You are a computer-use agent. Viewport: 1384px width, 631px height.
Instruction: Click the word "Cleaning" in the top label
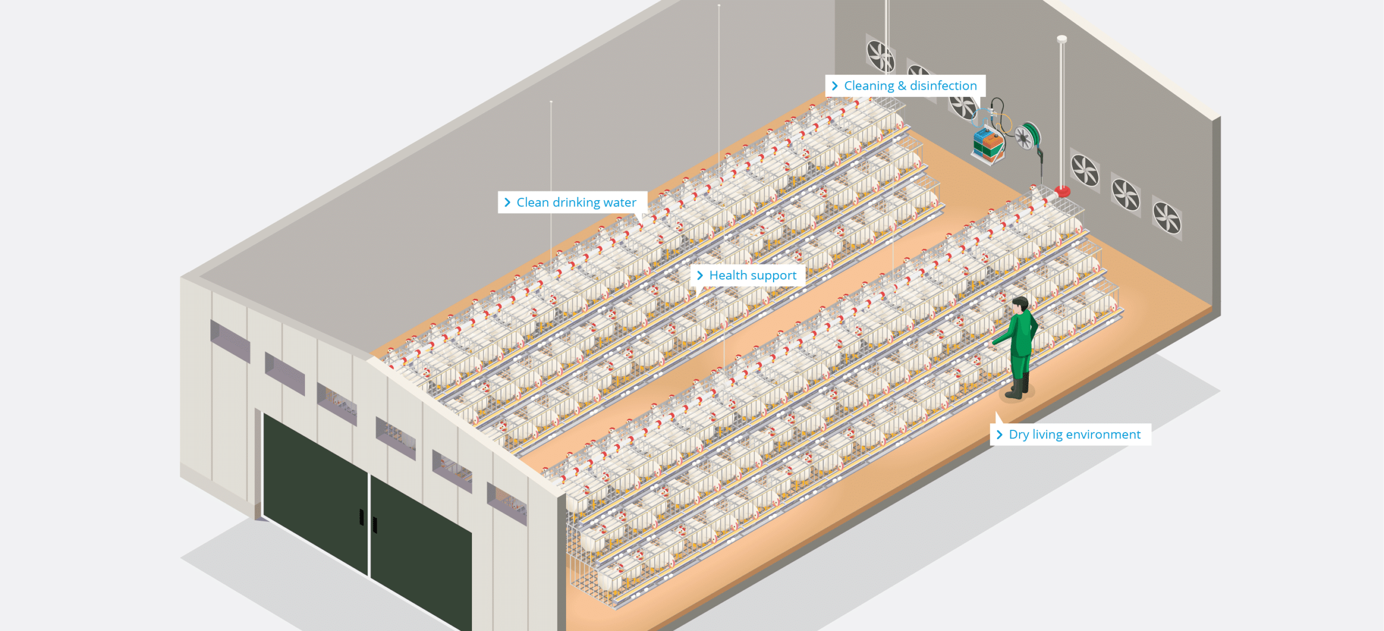tap(869, 86)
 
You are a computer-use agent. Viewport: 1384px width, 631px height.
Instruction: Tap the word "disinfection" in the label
tap(943, 86)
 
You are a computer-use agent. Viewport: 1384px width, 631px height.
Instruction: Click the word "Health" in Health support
tap(728, 276)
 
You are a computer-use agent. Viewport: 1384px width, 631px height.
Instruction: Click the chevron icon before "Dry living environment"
tap(999, 435)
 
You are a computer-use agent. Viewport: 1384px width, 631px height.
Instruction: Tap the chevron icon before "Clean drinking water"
tap(507, 203)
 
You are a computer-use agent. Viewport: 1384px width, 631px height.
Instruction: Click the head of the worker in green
tap(1020, 304)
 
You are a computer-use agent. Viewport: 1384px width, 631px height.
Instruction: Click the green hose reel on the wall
tap(1027, 136)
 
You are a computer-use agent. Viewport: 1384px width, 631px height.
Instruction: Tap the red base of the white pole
tap(1062, 191)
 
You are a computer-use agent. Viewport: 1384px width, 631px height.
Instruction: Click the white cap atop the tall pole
tap(1062, 39)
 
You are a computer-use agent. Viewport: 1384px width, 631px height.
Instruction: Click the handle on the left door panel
tap(362, 517)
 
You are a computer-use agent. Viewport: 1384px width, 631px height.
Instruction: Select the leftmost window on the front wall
tap(230, 341)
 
